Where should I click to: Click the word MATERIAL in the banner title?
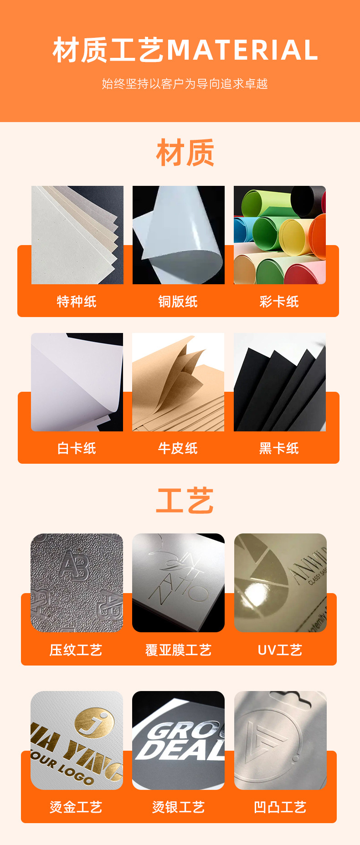click(x=242, y=50)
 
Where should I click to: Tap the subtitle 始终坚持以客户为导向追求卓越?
click(x=185, y=84)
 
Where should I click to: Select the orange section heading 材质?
click(x=185, y=153)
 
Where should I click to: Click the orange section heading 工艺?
click(x=185, y=500)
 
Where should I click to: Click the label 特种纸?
click(x=77, y=302)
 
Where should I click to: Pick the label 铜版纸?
click(x=178, y=302)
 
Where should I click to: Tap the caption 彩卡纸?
click(x=279, y=302)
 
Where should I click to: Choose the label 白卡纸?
click(x=77, y=449)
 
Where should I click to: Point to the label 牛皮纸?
click(x=178, y=449)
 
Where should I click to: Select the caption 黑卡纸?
click(x=279, y=449)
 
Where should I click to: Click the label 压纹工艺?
click(x=76, y=650)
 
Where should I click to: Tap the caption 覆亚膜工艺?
click(x=178, y=650)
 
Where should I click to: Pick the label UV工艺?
click(x=280, y=650)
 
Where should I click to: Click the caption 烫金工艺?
click(x=76, y=808)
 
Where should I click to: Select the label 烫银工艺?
click(x=178, y=808)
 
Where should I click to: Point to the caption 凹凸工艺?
click(x=280, y=808)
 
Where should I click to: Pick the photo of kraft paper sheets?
click(x=178, y=382)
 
